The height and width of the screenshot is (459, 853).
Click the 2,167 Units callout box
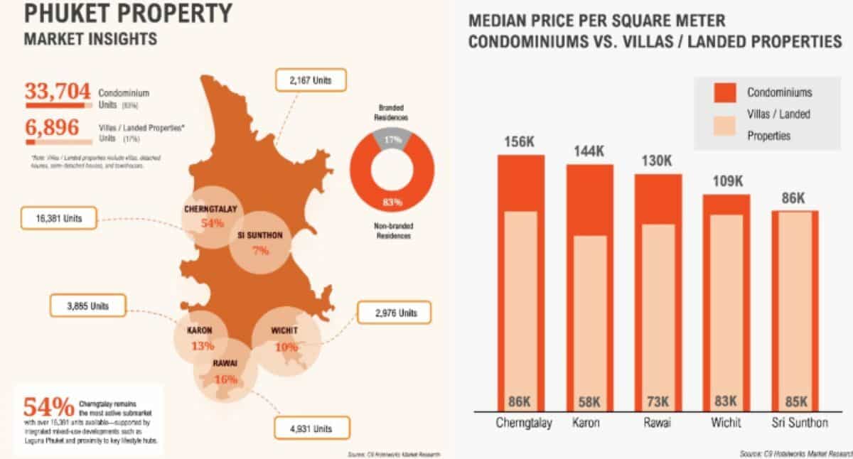pyautogui.click(x=311, y=80)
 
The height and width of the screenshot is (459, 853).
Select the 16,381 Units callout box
pyautogui.click(x=62, y=218)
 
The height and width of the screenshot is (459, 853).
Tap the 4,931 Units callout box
pyautogui.click(x=303, y=428)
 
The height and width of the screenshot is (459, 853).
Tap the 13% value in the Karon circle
pyautogui.click(x=203, y=347)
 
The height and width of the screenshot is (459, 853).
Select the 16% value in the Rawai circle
pyautogui.click(x=225, y=379)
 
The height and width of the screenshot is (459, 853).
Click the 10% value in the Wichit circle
pyautogui.click(x=286, y=347)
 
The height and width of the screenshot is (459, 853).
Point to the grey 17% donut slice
pyautogui.click(x=392, y=140)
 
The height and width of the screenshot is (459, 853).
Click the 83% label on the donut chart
pyautogui.click(x=392, y=202)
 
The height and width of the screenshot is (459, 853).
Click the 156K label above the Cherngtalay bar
pyautogui.click(x=520, y=142)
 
